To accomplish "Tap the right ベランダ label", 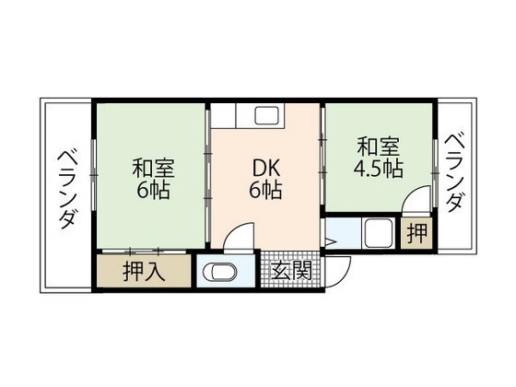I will pyautogui.click(x=454, y=173).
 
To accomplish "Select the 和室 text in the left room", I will pyautogui.click(x=153, y=170).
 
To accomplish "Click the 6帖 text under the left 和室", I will pyautogui.click(x=153, y=193).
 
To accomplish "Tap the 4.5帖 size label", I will pyautogui.click(x=378, y=170).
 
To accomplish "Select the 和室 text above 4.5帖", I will pyautogui.click(x=378, y=147).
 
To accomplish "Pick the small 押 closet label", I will pyautogui.click(x=417, y=234).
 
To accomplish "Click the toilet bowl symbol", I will pyautogui.click(x=219, y=273).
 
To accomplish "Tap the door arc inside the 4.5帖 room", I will pyautogui.click(x=416, y=201).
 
